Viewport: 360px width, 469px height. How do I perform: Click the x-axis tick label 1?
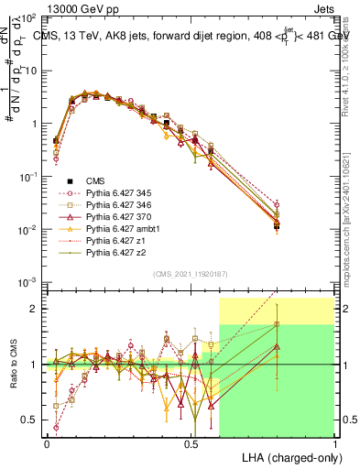tap(334, 442)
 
